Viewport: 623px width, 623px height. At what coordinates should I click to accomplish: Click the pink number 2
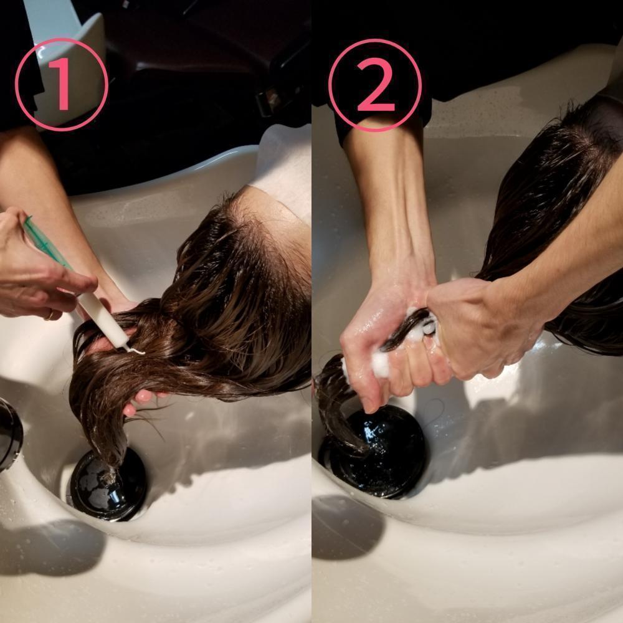[x=375, y=84]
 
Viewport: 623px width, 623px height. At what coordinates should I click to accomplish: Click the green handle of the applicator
[x=48, y=246]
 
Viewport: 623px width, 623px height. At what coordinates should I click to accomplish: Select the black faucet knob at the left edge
[x=10, y=434]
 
